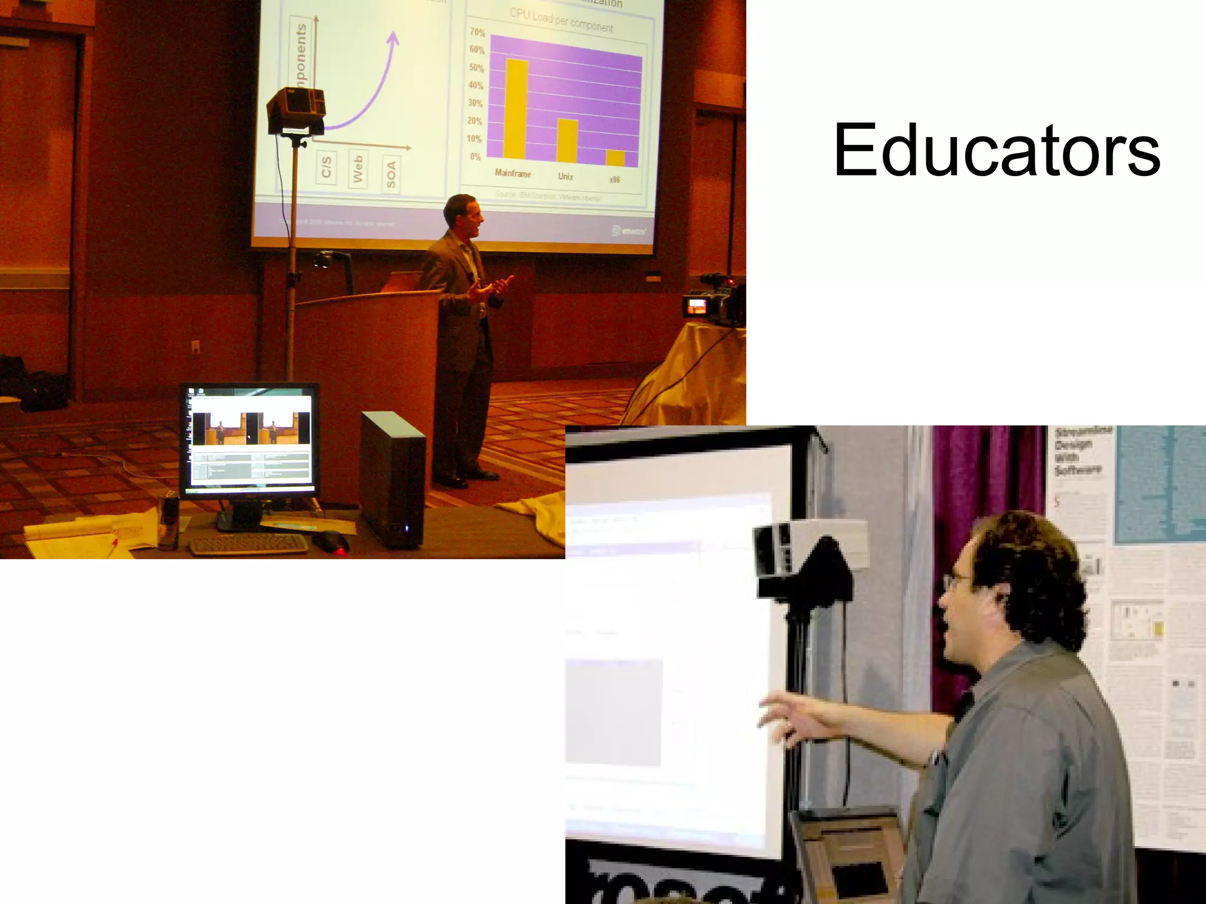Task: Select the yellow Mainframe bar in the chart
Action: [516, 109]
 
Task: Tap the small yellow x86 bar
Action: [615, 158]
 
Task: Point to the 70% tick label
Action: [477, 32]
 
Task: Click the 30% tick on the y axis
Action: [475, 104]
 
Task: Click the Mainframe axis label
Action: [512, 174]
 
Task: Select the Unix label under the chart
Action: [565, 177]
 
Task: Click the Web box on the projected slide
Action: [358, 169]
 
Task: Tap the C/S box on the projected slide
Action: [327, 167]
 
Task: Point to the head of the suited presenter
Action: [461, 212]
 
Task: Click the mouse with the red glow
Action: [330, 541]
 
